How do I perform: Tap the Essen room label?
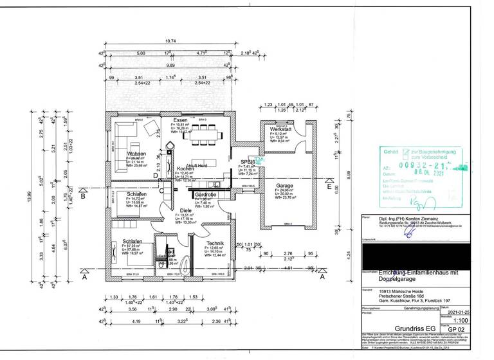click(179, 121)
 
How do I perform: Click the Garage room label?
click(284, 186)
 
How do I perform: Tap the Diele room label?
click(187, 210)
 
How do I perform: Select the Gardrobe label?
click(205, 194)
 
